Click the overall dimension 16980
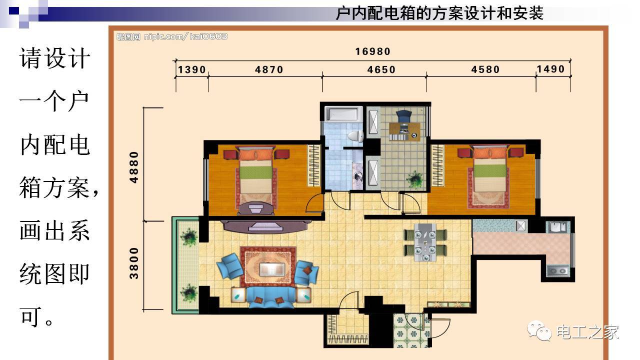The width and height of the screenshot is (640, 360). point(372,51)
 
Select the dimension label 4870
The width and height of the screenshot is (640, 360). point(269,70)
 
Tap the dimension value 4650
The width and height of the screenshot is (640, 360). point(381,70)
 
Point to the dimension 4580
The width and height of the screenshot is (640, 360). point(485,69)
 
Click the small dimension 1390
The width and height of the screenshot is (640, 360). point(192,70)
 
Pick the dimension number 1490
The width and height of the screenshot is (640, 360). point(550,69)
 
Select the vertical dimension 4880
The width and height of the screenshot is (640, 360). point(134,167)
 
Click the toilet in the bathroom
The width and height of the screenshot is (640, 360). point(355,135)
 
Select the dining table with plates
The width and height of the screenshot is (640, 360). point(425,242)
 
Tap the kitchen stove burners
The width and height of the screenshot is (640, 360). point(557,271)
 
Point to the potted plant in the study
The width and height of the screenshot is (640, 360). point(414,178)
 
